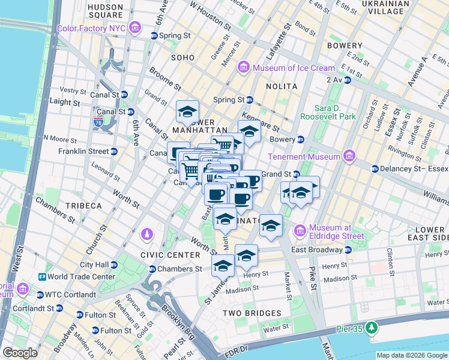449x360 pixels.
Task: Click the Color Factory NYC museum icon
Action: coord(134,28)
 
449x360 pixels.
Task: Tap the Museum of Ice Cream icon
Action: coord(243,67)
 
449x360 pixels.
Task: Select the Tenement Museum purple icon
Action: coord(349,157)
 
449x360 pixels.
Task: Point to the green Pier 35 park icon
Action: coord(372,327)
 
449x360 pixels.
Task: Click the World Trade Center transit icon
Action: coord(43,277)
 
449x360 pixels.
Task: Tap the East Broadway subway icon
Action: coord(348,250)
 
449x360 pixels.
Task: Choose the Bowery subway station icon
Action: coord(301,139)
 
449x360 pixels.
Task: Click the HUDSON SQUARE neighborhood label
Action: coord(106,11)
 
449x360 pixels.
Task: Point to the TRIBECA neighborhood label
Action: coord(83,206)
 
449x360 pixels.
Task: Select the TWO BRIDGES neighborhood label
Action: coord(252,313)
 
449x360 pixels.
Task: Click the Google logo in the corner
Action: coord(20,353)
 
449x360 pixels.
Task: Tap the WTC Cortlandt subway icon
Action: coord(40,295)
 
